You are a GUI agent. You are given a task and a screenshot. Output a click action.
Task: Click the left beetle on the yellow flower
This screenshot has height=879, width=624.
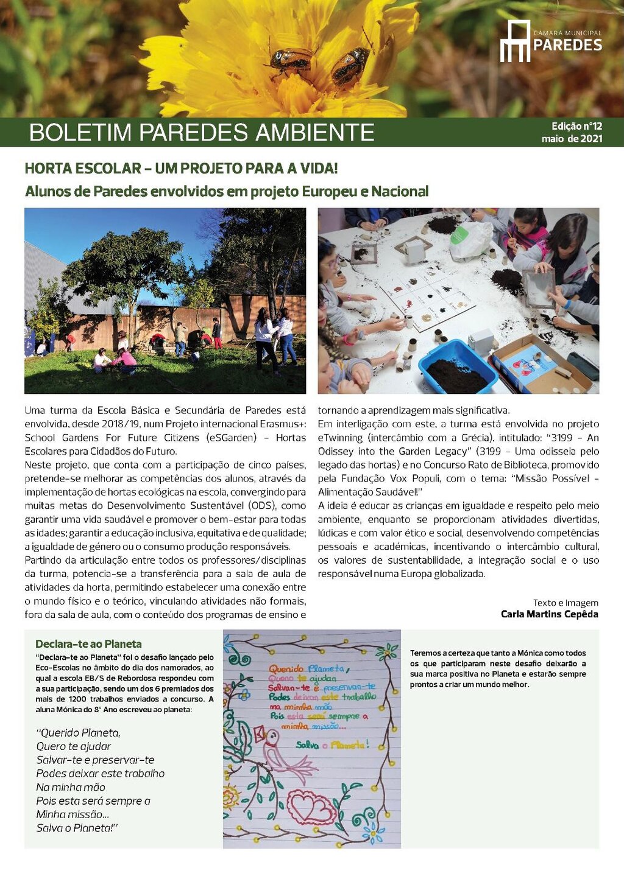coord(291,59)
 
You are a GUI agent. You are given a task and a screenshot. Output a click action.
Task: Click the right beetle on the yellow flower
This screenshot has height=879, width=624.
coord(350,66)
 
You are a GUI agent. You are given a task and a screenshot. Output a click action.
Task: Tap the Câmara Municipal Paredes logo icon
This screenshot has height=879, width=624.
coord(515,41)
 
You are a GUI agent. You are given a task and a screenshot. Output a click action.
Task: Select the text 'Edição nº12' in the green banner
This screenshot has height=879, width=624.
coord(576,126)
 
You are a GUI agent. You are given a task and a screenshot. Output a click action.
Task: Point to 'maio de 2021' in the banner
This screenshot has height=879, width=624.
coord(572,139)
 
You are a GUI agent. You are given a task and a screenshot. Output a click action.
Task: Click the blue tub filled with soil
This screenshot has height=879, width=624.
coord(456,366)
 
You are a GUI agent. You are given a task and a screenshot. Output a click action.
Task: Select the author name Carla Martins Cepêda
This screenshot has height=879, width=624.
coord(549,614)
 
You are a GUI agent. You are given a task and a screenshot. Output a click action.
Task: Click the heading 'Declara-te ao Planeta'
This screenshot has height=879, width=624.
coord(88,644)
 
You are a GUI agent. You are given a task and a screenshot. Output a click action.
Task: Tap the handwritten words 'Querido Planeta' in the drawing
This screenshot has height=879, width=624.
coord(307,668)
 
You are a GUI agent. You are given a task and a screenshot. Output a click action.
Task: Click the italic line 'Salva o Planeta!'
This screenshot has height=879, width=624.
coord(77,828)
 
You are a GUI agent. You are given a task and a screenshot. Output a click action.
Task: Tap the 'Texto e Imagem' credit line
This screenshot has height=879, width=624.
coord(565,603)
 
